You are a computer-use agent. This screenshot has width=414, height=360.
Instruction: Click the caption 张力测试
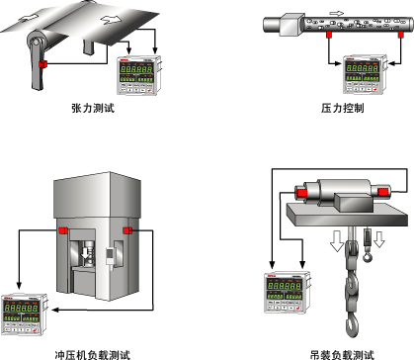(x=93, y=108)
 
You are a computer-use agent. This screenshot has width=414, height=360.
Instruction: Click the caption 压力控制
(x=343, y=108)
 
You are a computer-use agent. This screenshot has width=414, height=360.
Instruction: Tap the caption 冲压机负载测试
(x=93, y=355)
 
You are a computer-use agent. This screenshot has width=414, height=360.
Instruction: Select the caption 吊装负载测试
(x=343, y=355)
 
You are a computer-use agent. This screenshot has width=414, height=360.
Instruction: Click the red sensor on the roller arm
(x=42, y=64)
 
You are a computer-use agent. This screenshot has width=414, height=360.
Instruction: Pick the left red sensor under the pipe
(x=328, y=35)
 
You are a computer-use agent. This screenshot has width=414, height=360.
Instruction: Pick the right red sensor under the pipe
(x=400, y=35)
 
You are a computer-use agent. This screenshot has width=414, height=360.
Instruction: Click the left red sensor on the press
(x=63, y=230)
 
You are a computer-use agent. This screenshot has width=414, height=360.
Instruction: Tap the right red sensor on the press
(x=127, y=230)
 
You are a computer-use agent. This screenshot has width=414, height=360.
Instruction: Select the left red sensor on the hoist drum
(x=301, y=193)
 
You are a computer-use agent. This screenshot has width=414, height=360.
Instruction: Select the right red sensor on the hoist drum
(x=382, y=192)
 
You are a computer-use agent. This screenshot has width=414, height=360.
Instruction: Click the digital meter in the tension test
(x=139, y=75)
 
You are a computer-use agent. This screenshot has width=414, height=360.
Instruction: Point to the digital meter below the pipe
(x=366, y=74)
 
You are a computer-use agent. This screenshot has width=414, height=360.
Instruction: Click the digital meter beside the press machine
(x=25, y=315)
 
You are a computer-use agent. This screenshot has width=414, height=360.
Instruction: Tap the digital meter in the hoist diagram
(x=288, y=293)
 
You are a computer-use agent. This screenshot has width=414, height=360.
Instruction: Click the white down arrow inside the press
(x=85, y=253)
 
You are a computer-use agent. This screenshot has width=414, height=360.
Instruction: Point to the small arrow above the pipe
(x=336, y=14)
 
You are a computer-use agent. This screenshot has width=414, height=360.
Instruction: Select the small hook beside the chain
(x=368, y=256)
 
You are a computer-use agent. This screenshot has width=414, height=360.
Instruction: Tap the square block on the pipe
(x=291, y=25)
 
